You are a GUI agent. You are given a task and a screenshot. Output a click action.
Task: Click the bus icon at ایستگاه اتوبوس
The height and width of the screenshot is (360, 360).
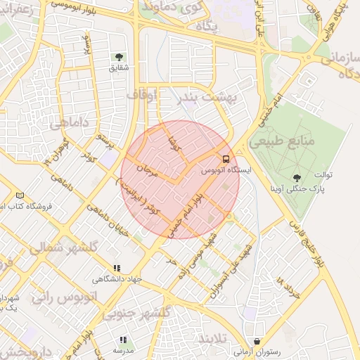[x=226, y=159]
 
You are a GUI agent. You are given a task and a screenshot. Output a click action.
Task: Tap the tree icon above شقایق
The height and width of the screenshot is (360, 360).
[x=118, y=57]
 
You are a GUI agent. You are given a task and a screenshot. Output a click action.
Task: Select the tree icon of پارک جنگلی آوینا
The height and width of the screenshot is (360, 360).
[x=295, y=178]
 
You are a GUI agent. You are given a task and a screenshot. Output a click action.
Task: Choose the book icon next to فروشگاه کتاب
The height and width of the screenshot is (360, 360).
[x=19, y=195]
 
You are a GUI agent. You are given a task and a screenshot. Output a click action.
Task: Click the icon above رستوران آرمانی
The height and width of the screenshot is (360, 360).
[x=257, y=341]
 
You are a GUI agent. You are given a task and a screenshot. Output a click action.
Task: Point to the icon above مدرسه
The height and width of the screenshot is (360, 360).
[x=123, y=340]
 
